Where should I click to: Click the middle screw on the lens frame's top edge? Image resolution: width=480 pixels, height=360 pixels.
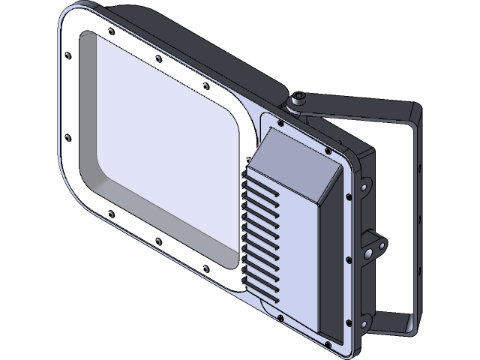click(157, 58)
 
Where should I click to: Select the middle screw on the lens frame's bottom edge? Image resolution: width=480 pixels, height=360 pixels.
click(158, 241)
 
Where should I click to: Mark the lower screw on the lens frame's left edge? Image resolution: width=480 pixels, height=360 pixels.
click(67, 137)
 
